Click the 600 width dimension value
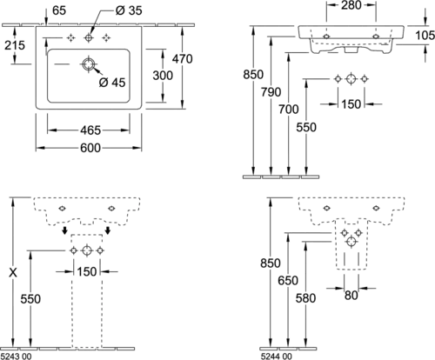click(90, 148)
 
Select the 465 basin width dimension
click(90, 130)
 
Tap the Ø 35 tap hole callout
click(129, 10)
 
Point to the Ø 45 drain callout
click(112, 83)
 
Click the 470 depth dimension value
click(182, 59)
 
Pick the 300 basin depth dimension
click(163, 76)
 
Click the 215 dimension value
click(15, 45)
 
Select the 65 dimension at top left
click(59, 10)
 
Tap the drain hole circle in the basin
click(88, 64)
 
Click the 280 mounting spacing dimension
click(351, 5)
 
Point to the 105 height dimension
click(425, 36)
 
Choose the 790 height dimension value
click(271, 92)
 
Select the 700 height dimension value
click(289, 110)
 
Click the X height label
click(13, 272)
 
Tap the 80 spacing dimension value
click(351, 296)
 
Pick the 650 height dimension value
click(288, 281)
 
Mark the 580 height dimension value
click(305, 298)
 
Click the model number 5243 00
click(17, 357)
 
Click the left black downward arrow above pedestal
click(65, 230)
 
